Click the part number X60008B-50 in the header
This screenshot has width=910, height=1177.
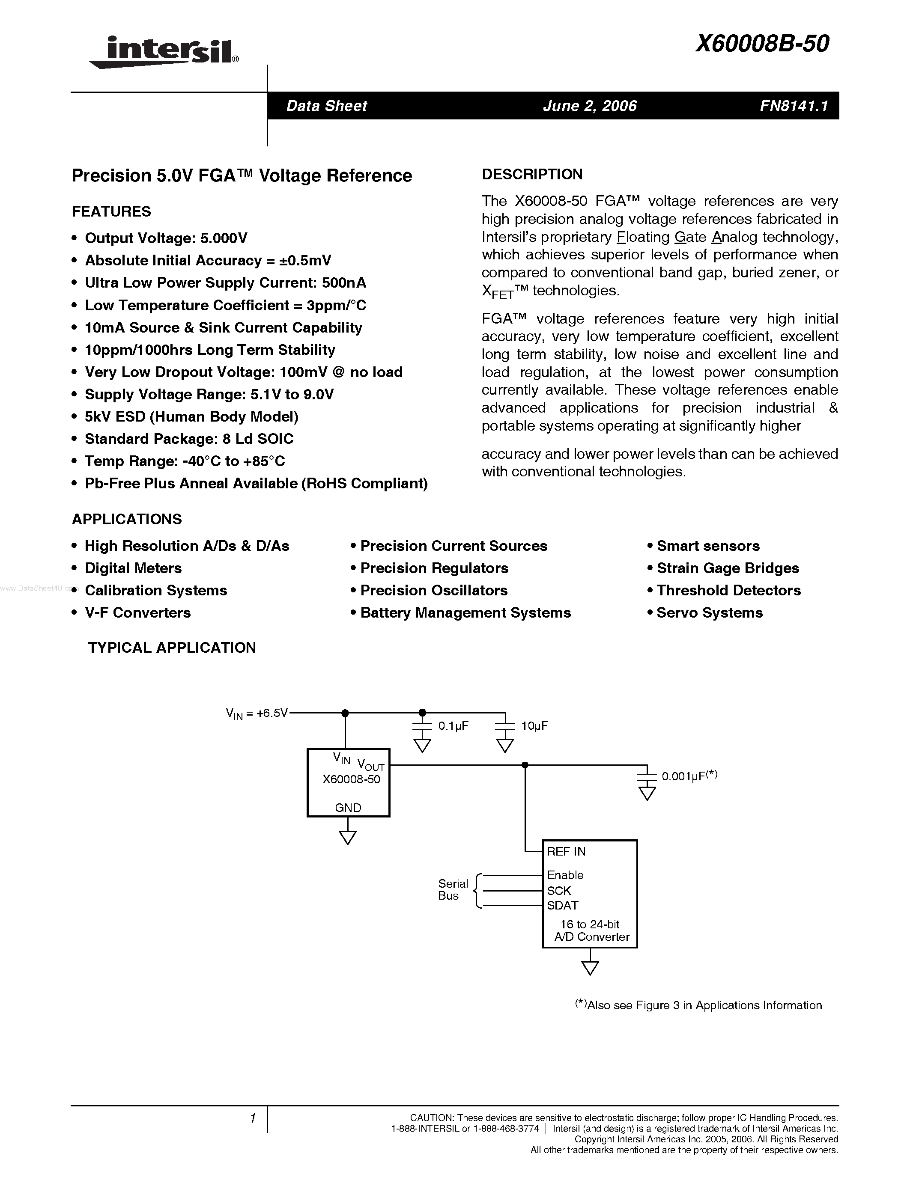click(762, 44)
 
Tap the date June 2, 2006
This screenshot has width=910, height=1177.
click(590, 106)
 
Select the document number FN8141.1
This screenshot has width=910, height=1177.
click(794, 106)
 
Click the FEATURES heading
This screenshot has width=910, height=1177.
click(112, 211)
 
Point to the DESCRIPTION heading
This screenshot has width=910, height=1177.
click(532, 174)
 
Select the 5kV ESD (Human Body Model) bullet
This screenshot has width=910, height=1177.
click(191, 416)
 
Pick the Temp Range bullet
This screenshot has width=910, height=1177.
click(185, 461)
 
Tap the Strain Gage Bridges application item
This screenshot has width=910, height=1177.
click(728, 568)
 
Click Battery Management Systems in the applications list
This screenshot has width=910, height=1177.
click(465, 613)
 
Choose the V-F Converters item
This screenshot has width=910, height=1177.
click(137, 613)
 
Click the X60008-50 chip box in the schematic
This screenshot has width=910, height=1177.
click(348, 782)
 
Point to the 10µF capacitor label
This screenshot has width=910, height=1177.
click(534, 726)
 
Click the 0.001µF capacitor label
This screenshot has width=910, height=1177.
click(689, 776)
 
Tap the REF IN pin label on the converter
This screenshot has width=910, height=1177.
click(566, 851)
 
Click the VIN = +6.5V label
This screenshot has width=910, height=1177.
click(257, 713)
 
